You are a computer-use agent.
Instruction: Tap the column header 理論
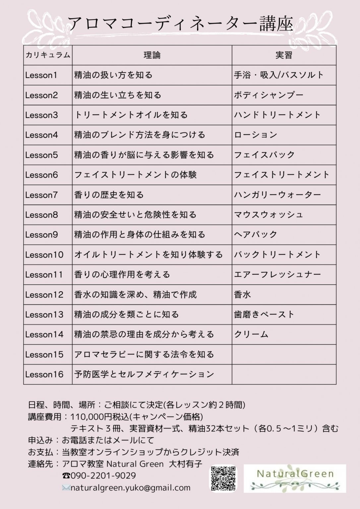click(x=152, y=55)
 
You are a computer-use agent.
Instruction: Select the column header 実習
click(x=284, y=55)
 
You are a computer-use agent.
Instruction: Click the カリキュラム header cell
click(x=48, y=55)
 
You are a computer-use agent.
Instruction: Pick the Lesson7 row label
click(x=41, y=195)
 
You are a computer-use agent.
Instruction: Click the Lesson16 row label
click(x=44, y=374)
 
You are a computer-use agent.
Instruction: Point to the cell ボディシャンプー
click(x=269, y=95)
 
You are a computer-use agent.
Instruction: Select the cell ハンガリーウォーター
click(x=277, y=195)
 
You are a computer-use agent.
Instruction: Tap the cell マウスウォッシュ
click(x=269, y=215)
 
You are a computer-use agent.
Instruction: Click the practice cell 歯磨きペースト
click(x=264, y=314)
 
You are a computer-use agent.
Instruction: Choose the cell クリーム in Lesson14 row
click(x=251, y=334)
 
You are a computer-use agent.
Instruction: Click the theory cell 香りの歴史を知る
click(x=109, y=195)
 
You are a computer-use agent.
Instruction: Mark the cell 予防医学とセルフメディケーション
click(x=144, y=374)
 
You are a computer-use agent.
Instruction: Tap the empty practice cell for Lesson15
click(x=284, y=354)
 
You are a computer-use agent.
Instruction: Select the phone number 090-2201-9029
click(x=103, y=476)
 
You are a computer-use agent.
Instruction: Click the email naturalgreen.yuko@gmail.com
click(x=130, y=488)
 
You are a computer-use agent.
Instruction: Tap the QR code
click(x=223, y=479)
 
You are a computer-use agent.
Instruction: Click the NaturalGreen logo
click(x=295, y=478)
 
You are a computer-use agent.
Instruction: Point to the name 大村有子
click(x=185, y=464)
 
